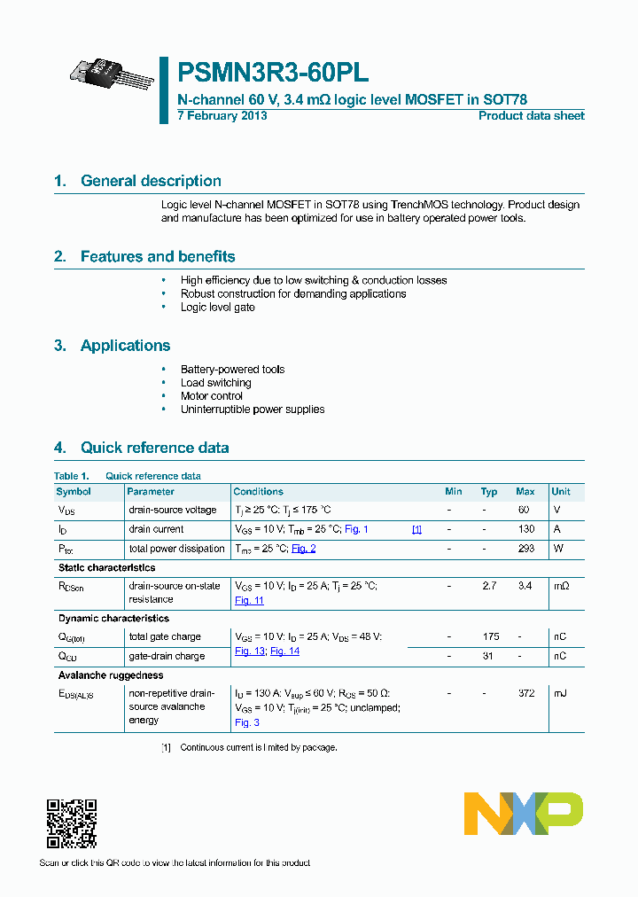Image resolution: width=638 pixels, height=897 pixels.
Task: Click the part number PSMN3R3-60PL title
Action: (x=274, y=73)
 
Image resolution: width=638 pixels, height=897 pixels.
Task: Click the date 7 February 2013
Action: (x=222, y=116)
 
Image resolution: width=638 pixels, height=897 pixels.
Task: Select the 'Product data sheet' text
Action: (x=531, y=116)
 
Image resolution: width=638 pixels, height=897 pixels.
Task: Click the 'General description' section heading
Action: (x=151, y=181)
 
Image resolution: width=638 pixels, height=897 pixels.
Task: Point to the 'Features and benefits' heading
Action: (x=158, y=257)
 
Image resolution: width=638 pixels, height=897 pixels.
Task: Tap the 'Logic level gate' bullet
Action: (x=217, y=308)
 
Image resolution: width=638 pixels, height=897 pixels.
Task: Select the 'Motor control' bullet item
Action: (x=211, y=396)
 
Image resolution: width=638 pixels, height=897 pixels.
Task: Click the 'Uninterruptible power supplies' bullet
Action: (x=253, y=409)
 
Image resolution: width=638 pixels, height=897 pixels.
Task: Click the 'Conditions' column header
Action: (x=258, y=492)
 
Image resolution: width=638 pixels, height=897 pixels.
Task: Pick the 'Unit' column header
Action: (x=561, y=492)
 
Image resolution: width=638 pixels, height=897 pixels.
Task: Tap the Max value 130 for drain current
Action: (x=526, y=529)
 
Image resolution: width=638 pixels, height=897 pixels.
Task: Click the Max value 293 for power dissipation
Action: (x=526, y=549)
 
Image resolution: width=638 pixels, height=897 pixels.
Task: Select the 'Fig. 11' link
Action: (x=249, y=601)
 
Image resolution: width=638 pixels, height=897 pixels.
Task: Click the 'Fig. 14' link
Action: (x=284, y=651)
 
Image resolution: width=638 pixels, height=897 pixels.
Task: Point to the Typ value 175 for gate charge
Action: (x=490, y=636)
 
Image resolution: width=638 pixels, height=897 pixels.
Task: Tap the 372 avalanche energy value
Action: (x=526, y=693)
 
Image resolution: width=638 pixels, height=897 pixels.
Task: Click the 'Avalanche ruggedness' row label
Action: (x=111, y=675)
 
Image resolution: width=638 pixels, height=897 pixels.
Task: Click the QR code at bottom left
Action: (x=71, y=824)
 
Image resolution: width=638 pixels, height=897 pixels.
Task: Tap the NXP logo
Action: (x=524, y=814)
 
